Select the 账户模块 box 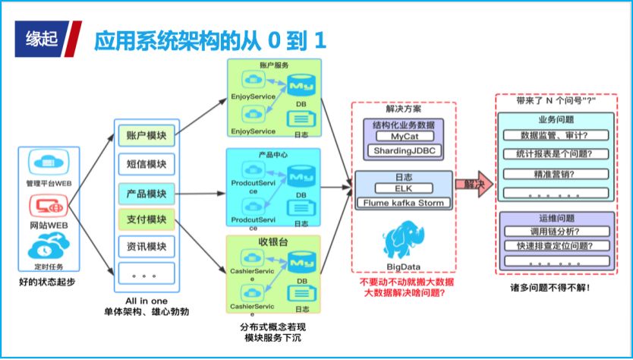pyautogui.click(x=146, y=136)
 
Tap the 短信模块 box pyautogui.click(x=146, y=164)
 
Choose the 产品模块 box pyautogui.click(x=146, y=192)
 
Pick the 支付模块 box pyautogui.click(x=146, y=219)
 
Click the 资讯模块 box pyautogui.click(x=146, y=247)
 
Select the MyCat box pyautogui.click(x=403, y=137)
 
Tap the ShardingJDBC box pyautogui.click(x=403, y=151)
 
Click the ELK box pyautogui.click(x=403, y=188)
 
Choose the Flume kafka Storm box pyautogui.click(x=403, y=203)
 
